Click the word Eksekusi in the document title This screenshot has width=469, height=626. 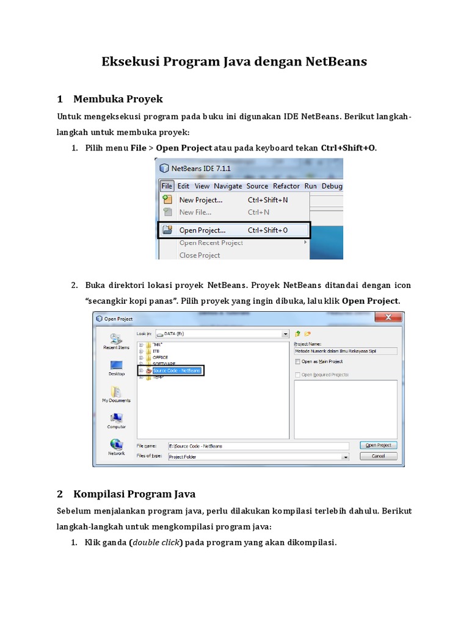point(128,62)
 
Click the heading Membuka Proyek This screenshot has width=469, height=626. point(118,99)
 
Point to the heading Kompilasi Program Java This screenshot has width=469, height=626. point(134,493)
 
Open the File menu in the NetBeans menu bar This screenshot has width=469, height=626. point(167,186)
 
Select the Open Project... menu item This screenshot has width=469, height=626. point(202,230)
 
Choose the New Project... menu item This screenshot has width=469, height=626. point(200,200)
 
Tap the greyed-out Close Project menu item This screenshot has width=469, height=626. point(199,255)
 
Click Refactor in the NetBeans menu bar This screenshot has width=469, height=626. point(286,186)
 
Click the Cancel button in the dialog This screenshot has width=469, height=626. point(378,456)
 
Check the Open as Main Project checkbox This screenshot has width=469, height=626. point(297,361)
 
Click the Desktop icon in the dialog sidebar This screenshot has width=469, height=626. point(116,366)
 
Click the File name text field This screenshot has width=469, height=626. point(258,446)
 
